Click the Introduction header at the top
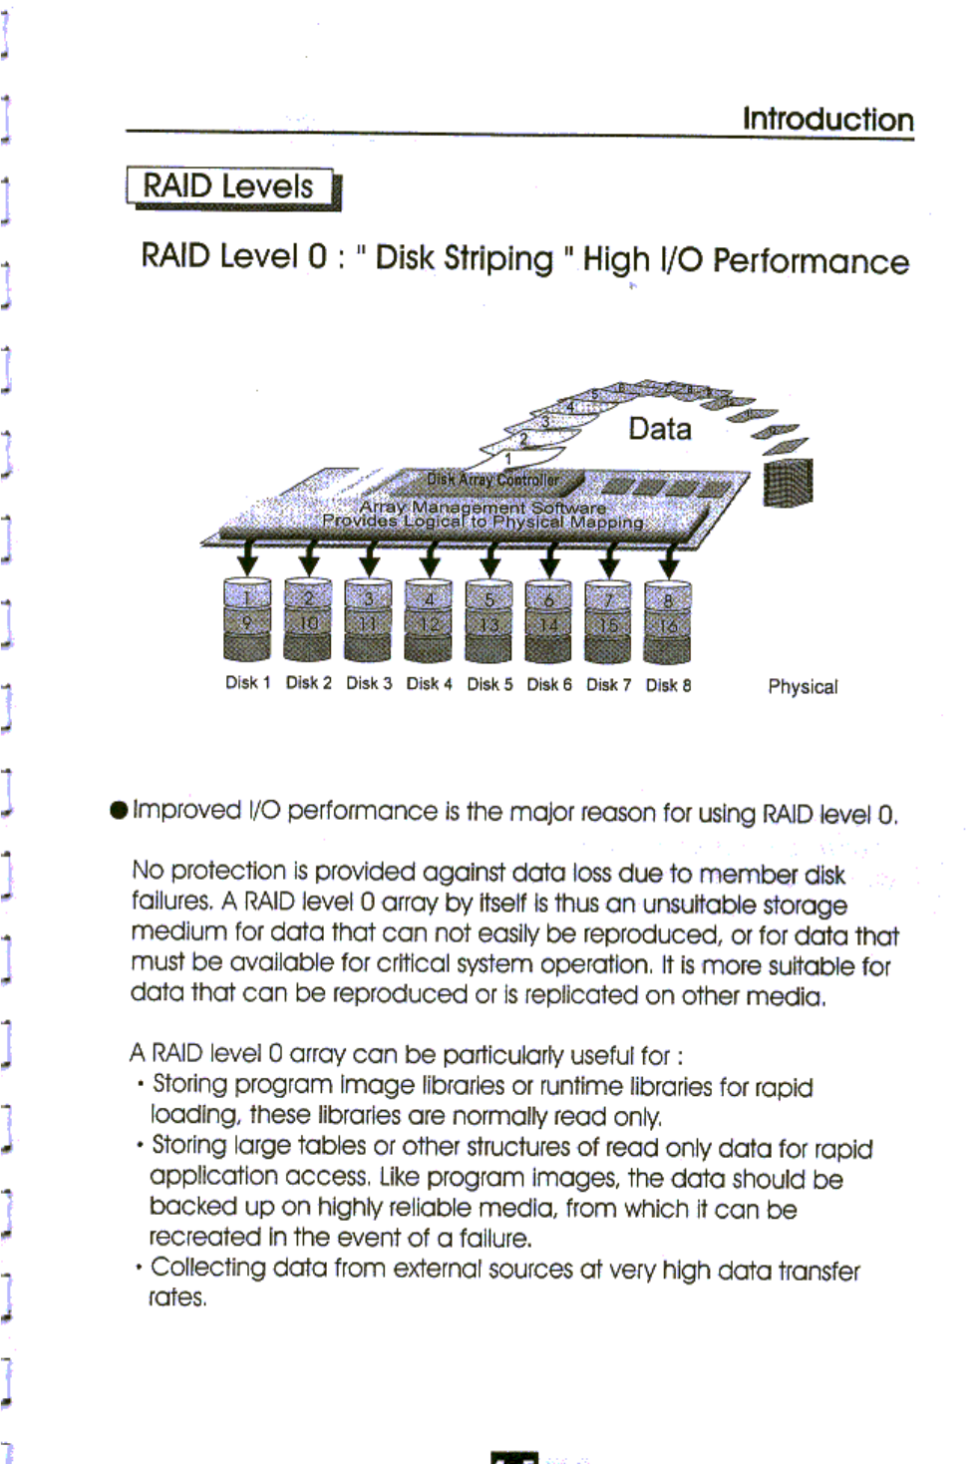point(827,119)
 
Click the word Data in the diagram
point(659,429)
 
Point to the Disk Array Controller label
point(492,480)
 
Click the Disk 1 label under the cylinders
point(247,683)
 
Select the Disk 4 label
point(429,684)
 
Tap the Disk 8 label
point(668,685)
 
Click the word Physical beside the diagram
point(803,686)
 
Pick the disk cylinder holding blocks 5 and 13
point(488,621)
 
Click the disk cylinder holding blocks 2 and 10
point(308,620)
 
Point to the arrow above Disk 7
point(608,559)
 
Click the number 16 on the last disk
point(669,626)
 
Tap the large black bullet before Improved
point(120,809)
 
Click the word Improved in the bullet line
point(187,810)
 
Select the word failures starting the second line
point(171,902)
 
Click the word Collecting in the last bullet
point(208,1268)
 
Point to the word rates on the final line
point(177,1297)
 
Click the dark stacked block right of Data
point(788,483)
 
